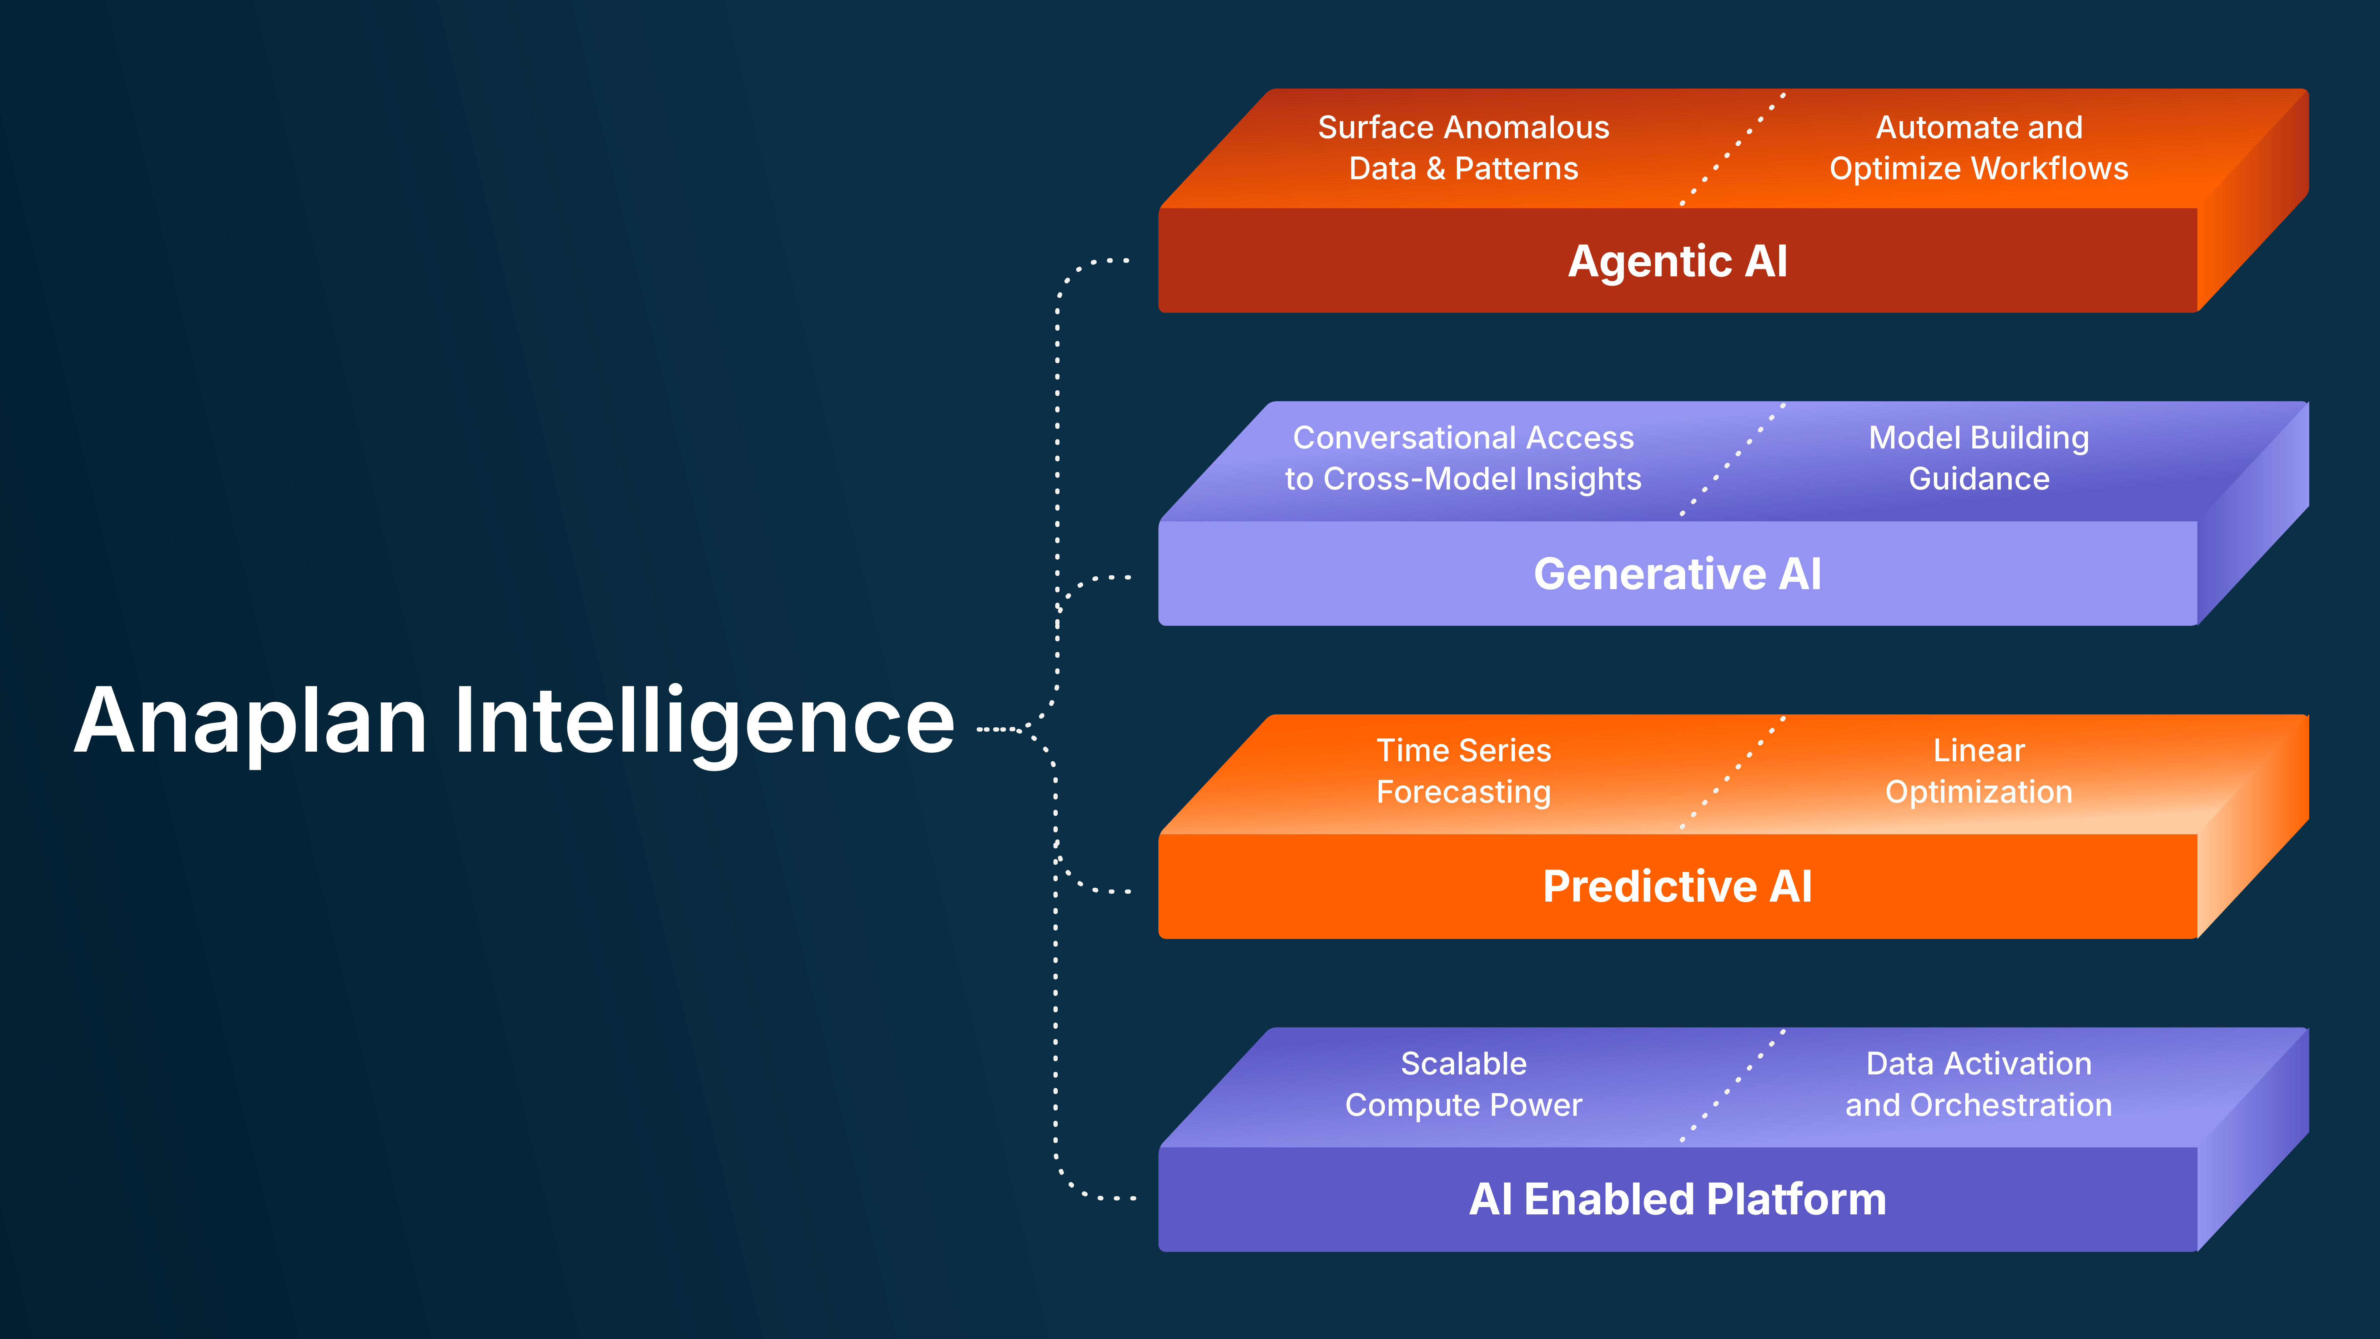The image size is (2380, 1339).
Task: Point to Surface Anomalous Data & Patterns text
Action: [x=1464, y=148]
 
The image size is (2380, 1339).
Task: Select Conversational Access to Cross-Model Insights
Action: [x=1464, y=458]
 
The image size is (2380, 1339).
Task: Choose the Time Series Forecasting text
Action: [x=1464, y=771]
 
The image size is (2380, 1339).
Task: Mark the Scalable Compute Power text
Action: [x=1464, y=1084]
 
